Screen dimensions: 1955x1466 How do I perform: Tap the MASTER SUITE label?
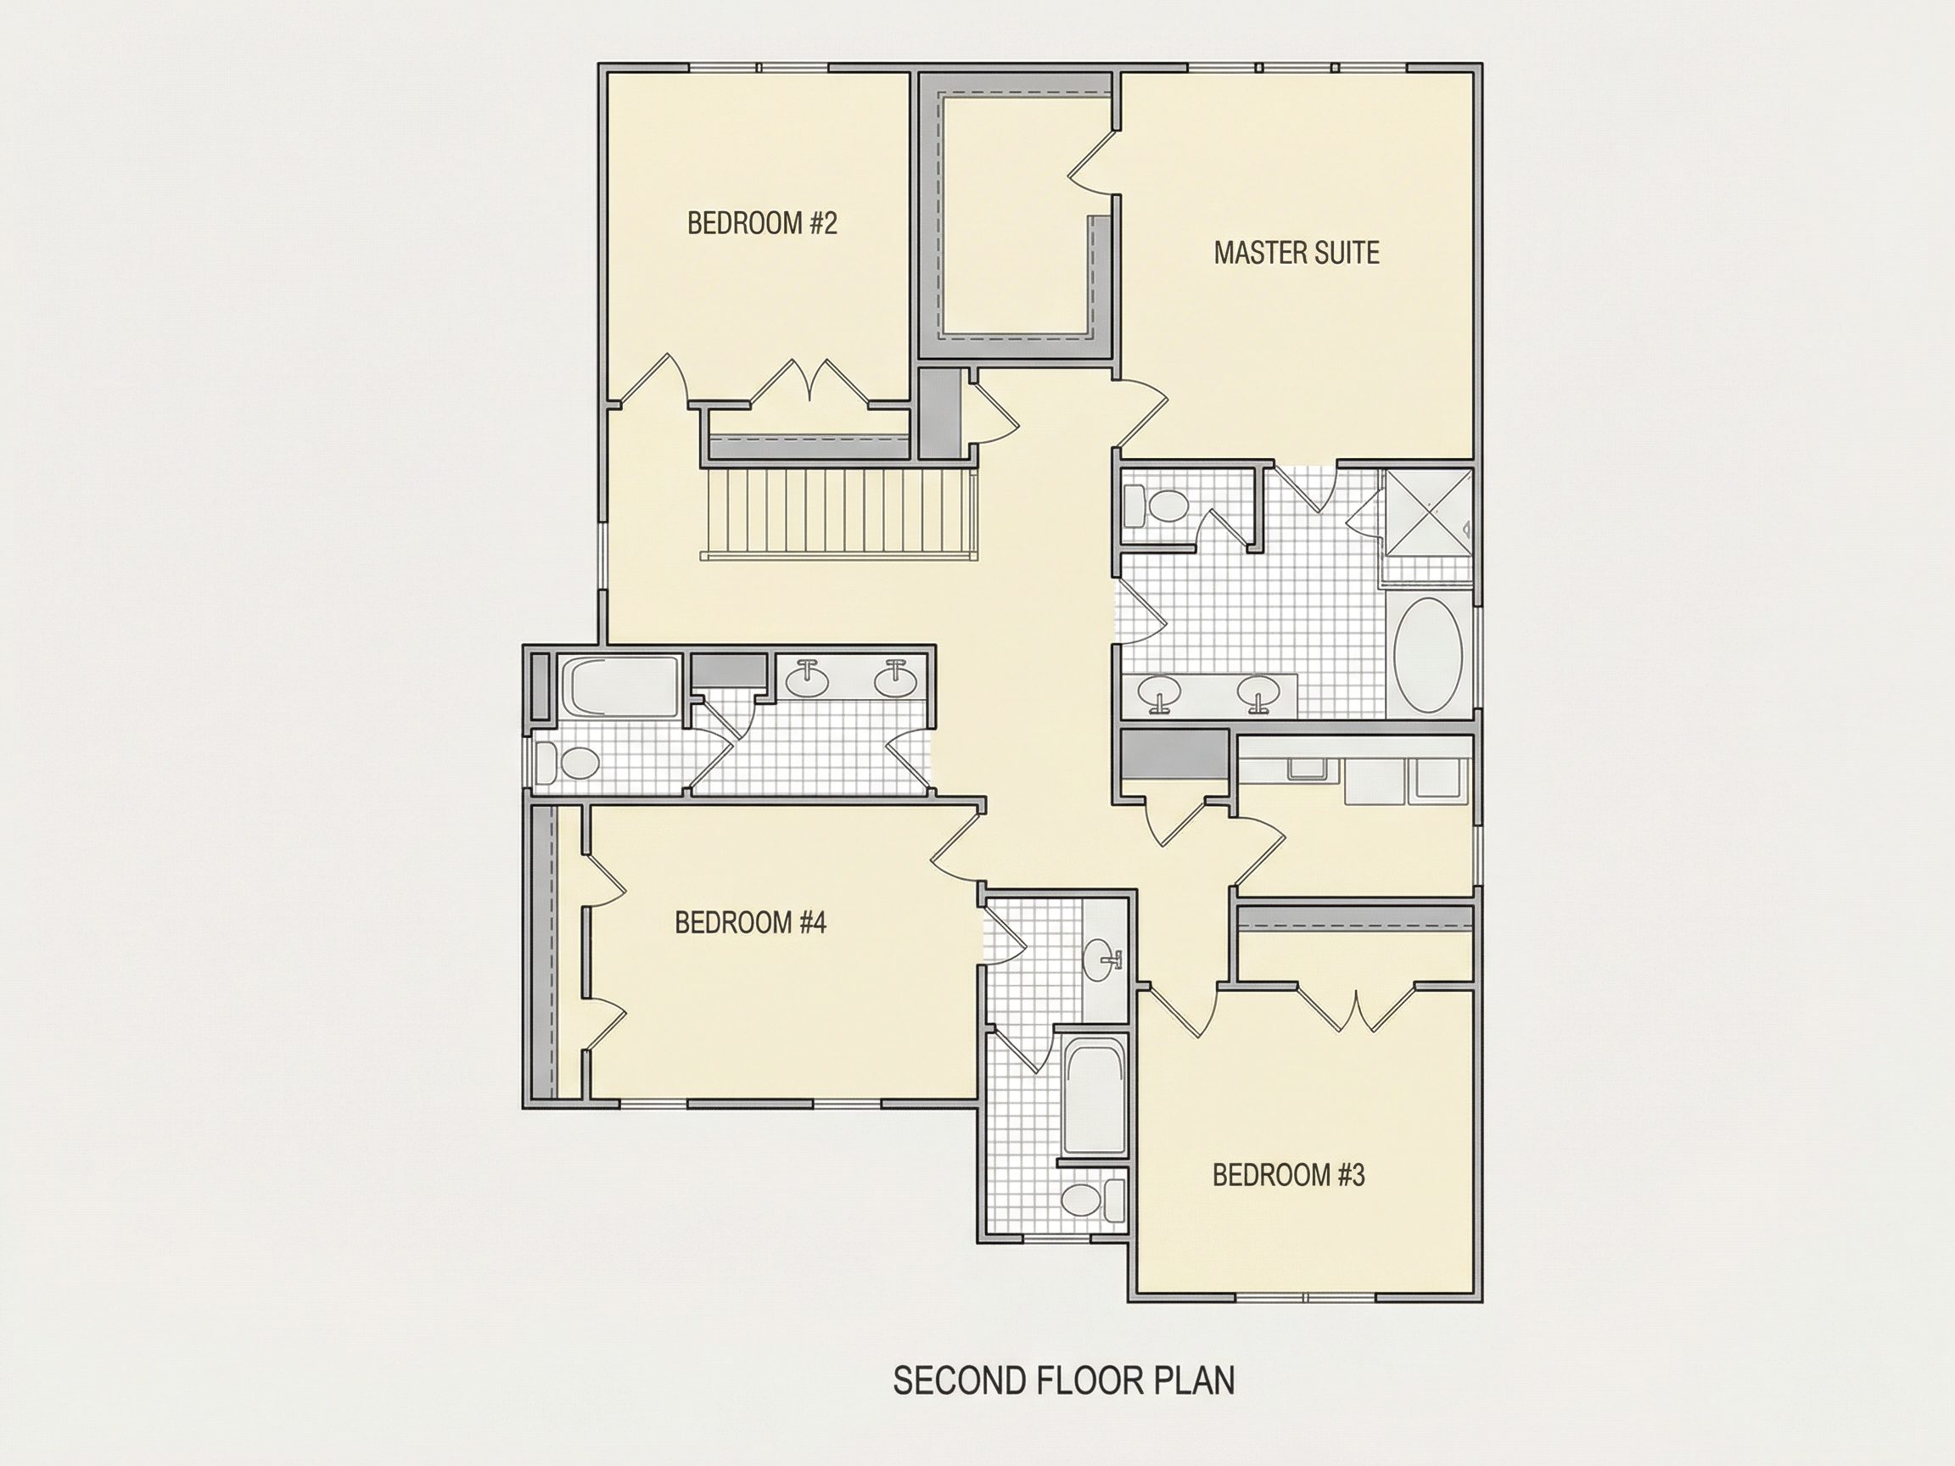pyautogui.click(x=1297, y=253)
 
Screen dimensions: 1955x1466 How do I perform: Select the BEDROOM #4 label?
pyautogui.click(x=750, y=922)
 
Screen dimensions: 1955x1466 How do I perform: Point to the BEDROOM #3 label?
pyautogui.click(x=1289, y=1175)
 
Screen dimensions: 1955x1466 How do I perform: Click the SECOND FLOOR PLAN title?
pyautogui.click(x=1064, y=1380)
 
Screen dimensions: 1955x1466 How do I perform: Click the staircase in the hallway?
pyautogui.click(x=840, y=513)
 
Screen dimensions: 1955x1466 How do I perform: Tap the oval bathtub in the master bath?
pyautogui.click(x=1427, y=655)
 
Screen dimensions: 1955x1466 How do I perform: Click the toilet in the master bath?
pyautogui.click(x=1157, y=506)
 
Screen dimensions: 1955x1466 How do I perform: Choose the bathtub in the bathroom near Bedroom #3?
pyautogui.click(x=1094, y=1094)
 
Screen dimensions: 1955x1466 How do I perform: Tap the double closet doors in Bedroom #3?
pyautogui.click(x=1356, y=1007)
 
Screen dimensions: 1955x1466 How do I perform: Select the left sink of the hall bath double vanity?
pyautogui.click(x=807, y=678)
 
